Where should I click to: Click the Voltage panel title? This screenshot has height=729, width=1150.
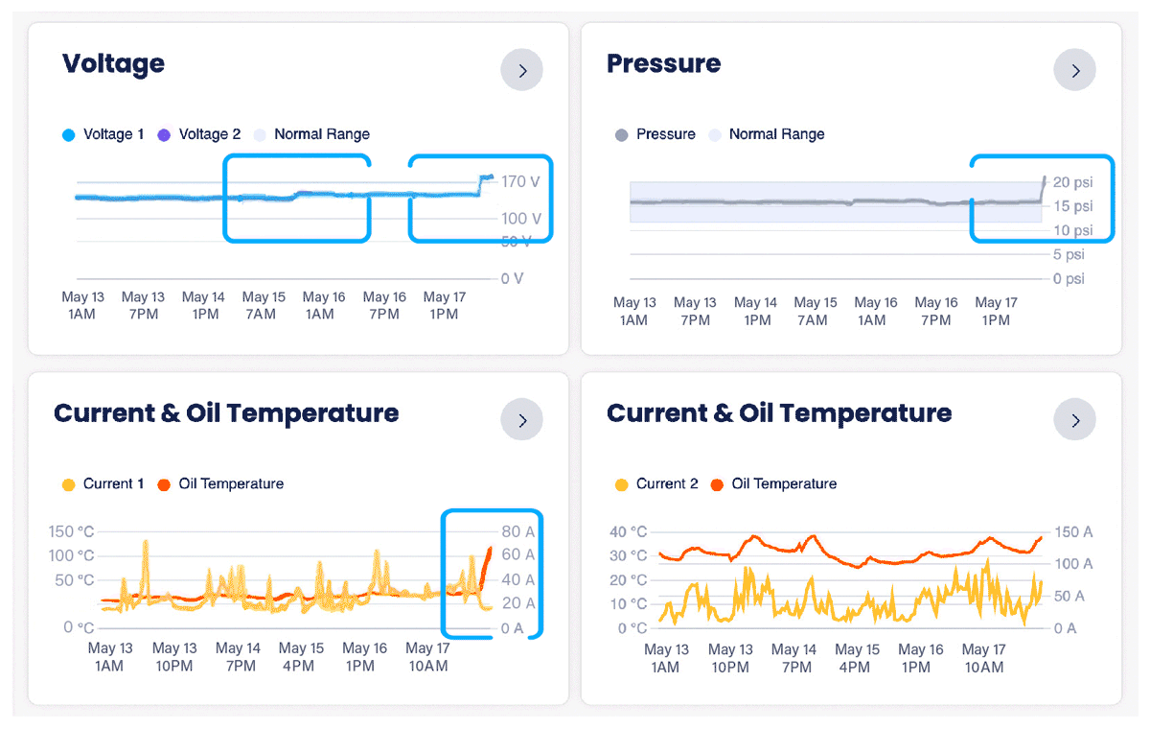click(113, 64)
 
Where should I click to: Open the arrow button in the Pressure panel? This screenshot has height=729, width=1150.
click(1074, 70)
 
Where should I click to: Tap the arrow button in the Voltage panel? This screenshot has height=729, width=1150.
click(521, 70)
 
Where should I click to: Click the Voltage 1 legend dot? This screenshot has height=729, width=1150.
click(68, 135)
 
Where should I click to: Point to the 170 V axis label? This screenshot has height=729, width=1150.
click(521, 181)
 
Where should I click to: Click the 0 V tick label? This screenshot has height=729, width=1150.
click(513, 279)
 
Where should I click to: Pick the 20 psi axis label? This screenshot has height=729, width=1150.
click(1072, 182)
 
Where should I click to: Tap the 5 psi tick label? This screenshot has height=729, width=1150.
click(1069, 255)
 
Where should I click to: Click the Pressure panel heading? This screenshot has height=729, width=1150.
click(663, 64)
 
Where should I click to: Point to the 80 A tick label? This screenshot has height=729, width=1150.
click(517, 531)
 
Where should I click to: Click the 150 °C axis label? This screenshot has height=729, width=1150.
click(73, 531)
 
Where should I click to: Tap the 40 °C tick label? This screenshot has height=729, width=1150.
click(628, 531)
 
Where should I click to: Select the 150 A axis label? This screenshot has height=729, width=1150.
click(1073, 531)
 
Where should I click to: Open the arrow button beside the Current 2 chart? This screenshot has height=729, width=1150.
click(1074, 420)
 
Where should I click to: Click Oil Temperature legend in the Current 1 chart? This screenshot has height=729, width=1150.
click(231, 483)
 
